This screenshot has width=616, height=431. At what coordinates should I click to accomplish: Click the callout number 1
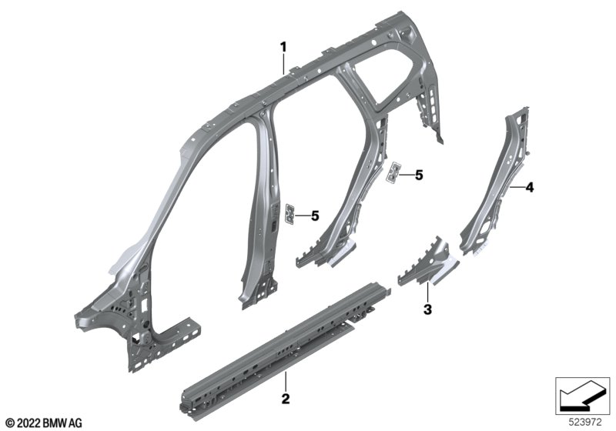click(x=283, y=48)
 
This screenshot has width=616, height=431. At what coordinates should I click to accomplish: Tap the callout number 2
click(x=286, y=399)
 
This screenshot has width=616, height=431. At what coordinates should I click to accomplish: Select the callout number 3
click(x=427, y=309)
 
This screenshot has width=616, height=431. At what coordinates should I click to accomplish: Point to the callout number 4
click(x=530, y=187)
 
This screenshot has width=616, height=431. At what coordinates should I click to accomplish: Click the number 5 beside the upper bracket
click(x=419, y=175)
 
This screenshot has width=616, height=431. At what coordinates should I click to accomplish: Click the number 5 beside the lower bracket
click(x=315, y=216)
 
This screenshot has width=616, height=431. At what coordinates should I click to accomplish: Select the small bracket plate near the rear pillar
click(x=393, y=172)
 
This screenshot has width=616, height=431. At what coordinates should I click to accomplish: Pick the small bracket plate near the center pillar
click(x=290, y=214)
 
